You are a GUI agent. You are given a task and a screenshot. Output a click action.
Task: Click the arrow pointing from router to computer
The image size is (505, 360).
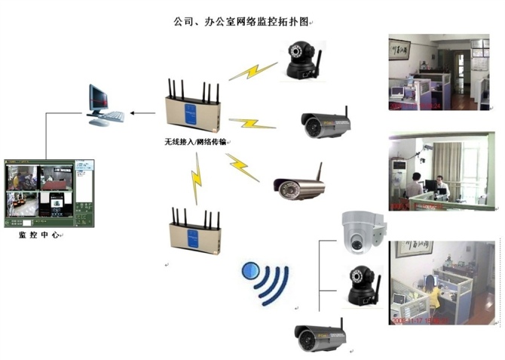coord(141,113)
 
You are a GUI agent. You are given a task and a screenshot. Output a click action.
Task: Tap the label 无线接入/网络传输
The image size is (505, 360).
coord(197,142)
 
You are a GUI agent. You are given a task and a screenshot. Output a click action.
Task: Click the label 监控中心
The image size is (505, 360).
coord(39,235)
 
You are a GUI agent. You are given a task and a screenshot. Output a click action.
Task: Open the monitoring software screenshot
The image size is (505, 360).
coord(49,193)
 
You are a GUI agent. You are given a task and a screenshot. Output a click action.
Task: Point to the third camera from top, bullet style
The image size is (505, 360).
coord(299,186)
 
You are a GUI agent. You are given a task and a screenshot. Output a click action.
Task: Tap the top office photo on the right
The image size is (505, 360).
coord(438,72)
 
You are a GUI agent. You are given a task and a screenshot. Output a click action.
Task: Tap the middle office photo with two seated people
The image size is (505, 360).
coord(441,171)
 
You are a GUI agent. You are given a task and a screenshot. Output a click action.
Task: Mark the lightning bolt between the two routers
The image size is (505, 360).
coord(197,179)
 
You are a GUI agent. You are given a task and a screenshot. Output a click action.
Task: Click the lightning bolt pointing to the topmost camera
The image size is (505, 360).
coord(253,71)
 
